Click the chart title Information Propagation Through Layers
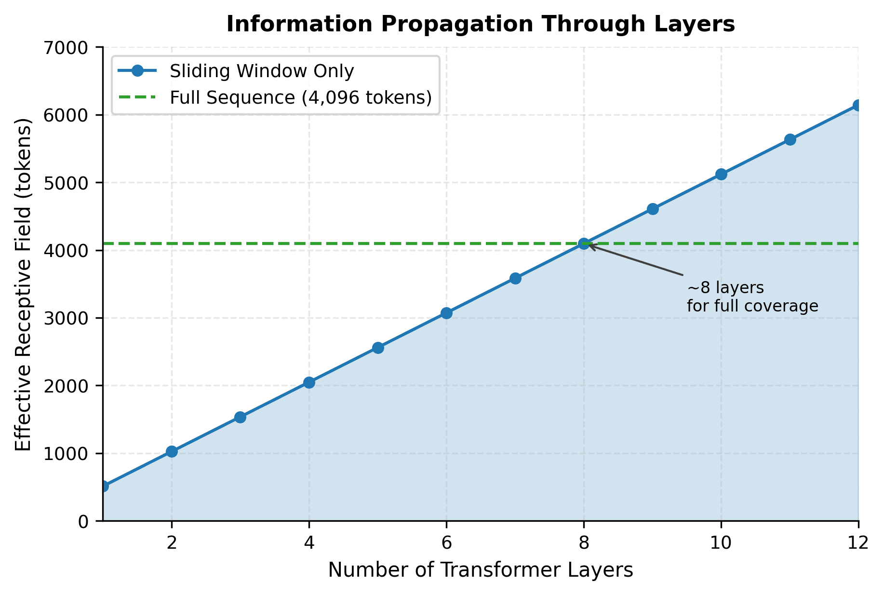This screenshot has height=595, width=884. tap(481, 25)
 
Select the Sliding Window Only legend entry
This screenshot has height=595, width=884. tap(262, 71)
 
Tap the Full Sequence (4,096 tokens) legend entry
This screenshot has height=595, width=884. tap(300, 98)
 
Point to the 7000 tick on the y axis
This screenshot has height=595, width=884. tap(71, 48)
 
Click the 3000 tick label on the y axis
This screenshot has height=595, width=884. tap(71, 318)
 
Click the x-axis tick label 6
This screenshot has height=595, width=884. tap(446, 543)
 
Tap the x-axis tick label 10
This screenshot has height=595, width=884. tap(721, 543)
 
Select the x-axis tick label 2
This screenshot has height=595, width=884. tap(172, 543)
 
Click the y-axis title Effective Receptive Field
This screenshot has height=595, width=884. tap(23, 284)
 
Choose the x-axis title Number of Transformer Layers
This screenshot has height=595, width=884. tap(481, 570)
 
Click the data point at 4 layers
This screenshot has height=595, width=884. tap(309, 383)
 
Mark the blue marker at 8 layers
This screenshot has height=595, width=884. tap(584, 244)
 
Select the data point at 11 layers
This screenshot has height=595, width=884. tap(790, 140)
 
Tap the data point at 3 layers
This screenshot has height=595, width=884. tap(240, 418)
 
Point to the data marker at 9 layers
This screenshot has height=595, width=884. tap(653, 209)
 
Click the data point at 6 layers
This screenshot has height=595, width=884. tap(446, 313)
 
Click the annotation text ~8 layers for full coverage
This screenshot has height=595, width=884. tap(752, 297)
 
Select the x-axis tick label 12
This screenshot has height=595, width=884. tap(858, 543)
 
